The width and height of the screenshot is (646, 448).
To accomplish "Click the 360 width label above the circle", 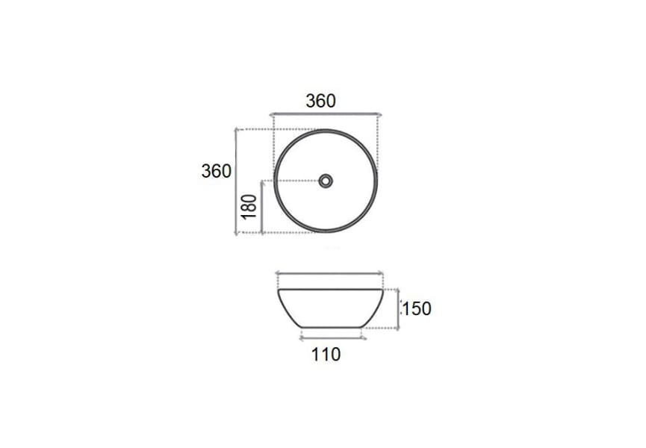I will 321,101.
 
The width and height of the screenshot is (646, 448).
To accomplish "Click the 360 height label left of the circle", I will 217,170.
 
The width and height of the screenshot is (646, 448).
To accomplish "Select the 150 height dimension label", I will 417,308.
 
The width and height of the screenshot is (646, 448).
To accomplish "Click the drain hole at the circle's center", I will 326,181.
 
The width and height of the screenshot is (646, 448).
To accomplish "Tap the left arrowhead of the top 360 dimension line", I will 273,115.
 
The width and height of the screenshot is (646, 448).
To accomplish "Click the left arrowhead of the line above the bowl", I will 278,274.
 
